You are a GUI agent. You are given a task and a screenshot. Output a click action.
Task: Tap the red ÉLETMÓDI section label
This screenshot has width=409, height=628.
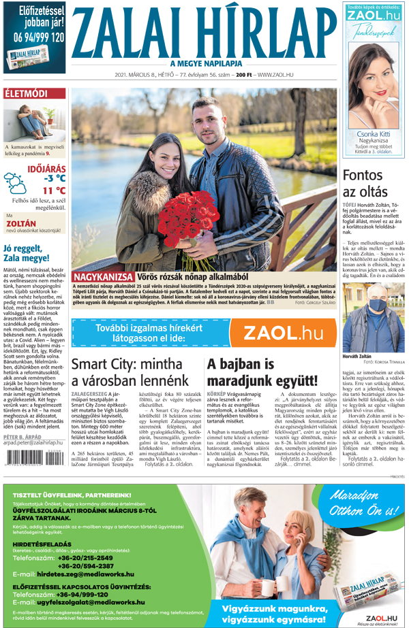coord(27,93)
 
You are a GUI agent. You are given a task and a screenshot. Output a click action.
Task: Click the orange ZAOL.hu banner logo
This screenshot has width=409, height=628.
coord(283,333)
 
